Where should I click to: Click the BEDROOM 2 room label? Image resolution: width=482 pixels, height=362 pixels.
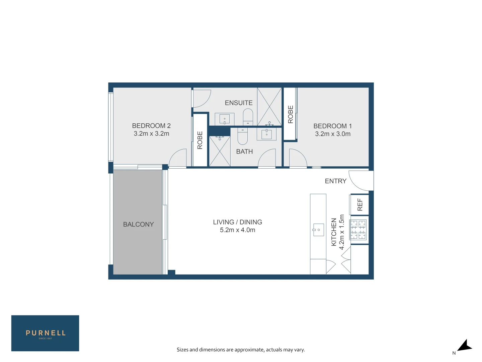(151, 126)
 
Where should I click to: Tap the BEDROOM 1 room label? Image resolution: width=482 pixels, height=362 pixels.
(332, 126)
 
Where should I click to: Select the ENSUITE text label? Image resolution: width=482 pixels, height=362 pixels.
(238, 103)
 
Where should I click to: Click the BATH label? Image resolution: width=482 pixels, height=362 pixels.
(244, 152)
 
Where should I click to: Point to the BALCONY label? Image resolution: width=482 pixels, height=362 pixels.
(138, 224)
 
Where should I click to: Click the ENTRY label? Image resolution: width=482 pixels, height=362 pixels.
(335, 181)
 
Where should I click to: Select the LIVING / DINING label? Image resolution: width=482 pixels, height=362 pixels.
(237, 222)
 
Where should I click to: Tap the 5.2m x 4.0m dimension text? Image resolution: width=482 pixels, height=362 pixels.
(237, 230)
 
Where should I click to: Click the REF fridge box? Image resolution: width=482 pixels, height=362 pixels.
(359, 204)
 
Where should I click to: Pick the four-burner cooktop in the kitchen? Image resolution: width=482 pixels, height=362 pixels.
(358, 230)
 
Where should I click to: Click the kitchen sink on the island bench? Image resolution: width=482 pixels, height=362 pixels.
(318, 230)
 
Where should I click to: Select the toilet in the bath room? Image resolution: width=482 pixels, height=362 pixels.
(242, 136)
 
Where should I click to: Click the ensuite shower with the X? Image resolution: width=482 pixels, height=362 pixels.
(269, 107)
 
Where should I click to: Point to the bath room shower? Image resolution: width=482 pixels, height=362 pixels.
(220, 151)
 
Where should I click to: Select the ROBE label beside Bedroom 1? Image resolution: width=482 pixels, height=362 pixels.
(290, 114)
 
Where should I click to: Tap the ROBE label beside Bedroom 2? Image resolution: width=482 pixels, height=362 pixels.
(200, 140)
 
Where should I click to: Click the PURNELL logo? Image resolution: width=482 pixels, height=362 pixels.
(45, 333)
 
